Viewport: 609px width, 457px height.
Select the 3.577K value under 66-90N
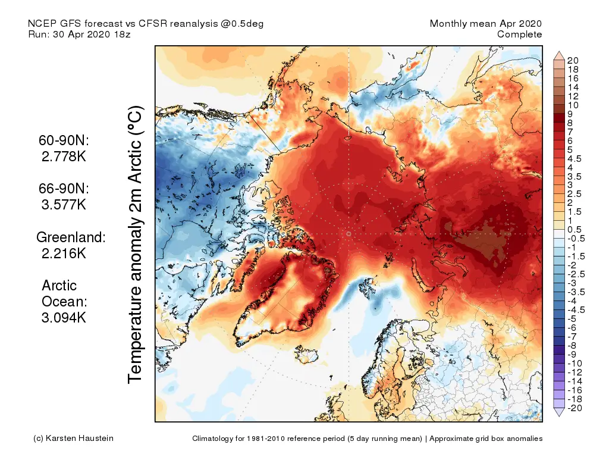pos(64,205)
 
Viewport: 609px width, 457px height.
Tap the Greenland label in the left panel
pos(71,237)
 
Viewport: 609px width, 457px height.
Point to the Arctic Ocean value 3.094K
pos(64,317)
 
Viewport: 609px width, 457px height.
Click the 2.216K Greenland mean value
pos(64,253)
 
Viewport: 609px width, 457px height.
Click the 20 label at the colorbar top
pos(573,60)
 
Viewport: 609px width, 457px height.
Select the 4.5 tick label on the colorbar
pos(575,159)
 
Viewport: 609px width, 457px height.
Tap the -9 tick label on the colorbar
pos(572,354)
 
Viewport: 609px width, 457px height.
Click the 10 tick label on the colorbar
pos(573,105)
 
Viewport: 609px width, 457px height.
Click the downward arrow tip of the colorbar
pos(559,415)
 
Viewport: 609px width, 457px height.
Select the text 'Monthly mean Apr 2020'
pos(486,24)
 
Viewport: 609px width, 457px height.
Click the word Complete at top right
pos(520,35)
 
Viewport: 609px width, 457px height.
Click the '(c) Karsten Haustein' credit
pos(73,439)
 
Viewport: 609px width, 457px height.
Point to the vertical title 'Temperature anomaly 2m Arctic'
pos(136,244)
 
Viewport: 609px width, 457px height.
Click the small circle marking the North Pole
pos(349,234)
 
